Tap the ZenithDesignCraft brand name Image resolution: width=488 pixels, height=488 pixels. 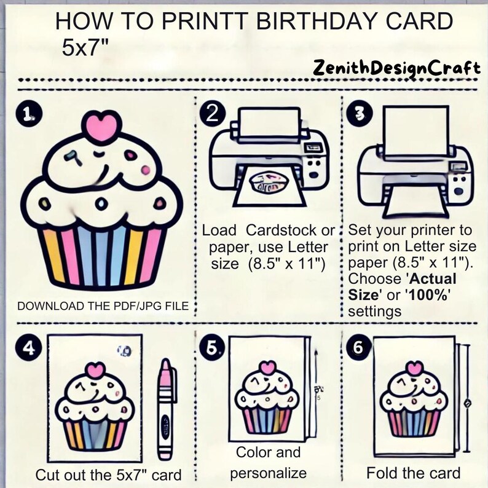[x=396, y=67]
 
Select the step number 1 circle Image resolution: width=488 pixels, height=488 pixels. [x=28, y=114]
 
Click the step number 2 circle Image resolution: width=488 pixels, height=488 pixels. [x=212, y=114]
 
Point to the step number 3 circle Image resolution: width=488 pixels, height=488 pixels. [x=358, y=114]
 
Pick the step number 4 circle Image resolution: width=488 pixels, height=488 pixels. [x=28, y=348]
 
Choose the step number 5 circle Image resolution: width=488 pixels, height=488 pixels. [x=211, y=348]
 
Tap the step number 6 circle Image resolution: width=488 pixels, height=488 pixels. [x=358, y=348]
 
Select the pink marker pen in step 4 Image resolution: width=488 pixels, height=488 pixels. [x=165, y=409]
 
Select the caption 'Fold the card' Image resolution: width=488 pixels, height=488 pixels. [x=413, y=473]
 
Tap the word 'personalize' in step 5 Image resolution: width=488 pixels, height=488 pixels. [x=268, y=473]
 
